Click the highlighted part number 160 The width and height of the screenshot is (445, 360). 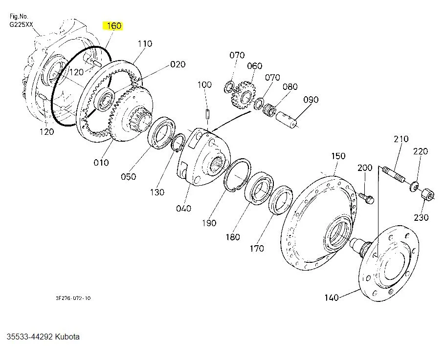tap(113, 26)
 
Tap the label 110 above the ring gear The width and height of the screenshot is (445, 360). tap(145, 44)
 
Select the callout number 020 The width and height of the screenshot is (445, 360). tap(178, 64)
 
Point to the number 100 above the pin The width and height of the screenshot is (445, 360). tap(204, 85)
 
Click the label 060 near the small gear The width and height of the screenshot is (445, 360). tap(254, 66)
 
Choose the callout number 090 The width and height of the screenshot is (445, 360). tap(311, 100)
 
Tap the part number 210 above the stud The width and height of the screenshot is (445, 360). tap(401, 139)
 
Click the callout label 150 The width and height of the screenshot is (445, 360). tap(338, 156)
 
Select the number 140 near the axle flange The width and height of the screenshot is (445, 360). tap(332, 297)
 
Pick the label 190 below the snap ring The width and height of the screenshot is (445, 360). tap(209, 223)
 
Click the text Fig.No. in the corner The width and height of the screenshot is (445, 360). tap(19, 16)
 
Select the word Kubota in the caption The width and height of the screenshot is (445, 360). tap(67, 337)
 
